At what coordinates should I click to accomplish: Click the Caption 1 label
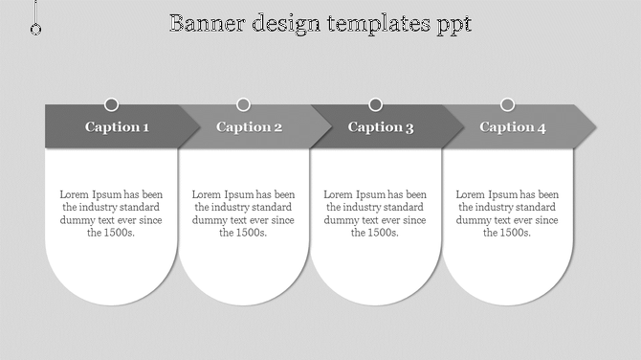point(117,127)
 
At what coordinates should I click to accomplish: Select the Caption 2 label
point(249,127)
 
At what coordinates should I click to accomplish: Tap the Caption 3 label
point(381,127)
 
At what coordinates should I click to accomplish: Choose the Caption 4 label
point(513,127)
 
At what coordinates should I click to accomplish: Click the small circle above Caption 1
point(112,104)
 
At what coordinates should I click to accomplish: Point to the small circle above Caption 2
point(244,104)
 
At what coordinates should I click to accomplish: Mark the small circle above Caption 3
point(376,104)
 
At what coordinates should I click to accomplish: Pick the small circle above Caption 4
point(508,104)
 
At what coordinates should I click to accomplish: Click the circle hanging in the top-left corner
point(36,30)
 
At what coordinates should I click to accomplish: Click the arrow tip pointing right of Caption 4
point(587,126)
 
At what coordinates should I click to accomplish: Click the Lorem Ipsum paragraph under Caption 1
point(111,214)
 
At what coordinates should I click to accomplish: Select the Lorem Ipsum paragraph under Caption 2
point(244,214)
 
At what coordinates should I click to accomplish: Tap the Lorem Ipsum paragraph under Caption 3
point(376,214)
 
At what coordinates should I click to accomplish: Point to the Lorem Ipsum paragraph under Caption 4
point(508,214)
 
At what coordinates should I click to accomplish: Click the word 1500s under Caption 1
point(120,233)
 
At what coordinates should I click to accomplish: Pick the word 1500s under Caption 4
point(516,233)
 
